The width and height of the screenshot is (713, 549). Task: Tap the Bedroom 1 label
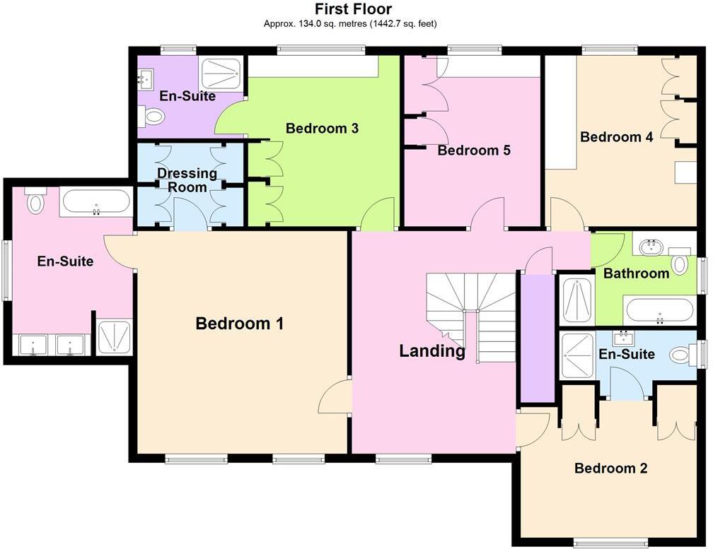click(x=239, y=324)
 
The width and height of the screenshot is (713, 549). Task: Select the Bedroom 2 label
click(x=610, y=468)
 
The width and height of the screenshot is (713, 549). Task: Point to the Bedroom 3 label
click(x=322, y=128)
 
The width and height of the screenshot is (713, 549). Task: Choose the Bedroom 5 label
click(x=473, y=150)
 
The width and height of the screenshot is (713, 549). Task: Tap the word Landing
click(x=431, y=350)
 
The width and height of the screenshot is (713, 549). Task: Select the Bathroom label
click(x=635, y=273)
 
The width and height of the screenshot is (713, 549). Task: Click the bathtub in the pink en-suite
click(x=95, y=203)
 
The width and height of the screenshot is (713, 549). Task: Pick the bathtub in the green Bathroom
click(x=659, y=310)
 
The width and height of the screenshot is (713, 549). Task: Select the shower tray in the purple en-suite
click(x=221, y=73)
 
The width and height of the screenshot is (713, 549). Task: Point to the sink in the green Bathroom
click(x=650, y=247)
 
